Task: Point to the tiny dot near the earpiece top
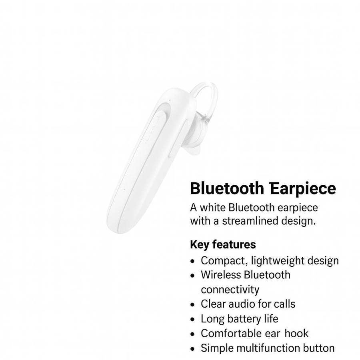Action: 170,100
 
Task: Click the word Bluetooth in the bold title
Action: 227,188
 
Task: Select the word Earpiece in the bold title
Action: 303,188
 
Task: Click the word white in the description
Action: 213,208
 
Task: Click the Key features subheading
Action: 223,244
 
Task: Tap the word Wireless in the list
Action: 221,275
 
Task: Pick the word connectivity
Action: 230,289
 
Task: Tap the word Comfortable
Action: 231,333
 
